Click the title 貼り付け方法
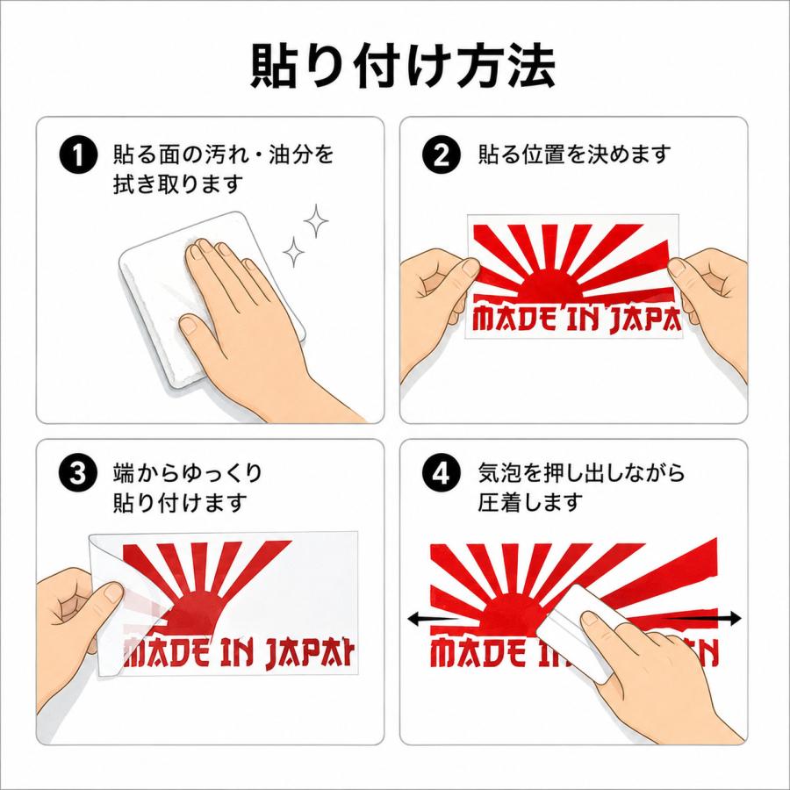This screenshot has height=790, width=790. [x=403, y=67]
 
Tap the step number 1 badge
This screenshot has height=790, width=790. [x=78, y=155]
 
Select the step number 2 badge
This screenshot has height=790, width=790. [x=442, y=155]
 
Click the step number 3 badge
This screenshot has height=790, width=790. [x=78, y=474]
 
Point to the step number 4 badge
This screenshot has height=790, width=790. [x=442, y=474]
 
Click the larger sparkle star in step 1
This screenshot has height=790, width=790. [x=316, y=220]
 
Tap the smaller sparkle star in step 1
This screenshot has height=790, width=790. [x=293, y=251]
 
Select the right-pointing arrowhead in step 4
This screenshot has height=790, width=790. [x=735, y=619]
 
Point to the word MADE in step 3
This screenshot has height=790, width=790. [x=166, y=653]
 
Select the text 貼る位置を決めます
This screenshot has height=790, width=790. [x=574, y=154]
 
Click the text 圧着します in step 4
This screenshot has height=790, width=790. [x=530, y=502]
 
